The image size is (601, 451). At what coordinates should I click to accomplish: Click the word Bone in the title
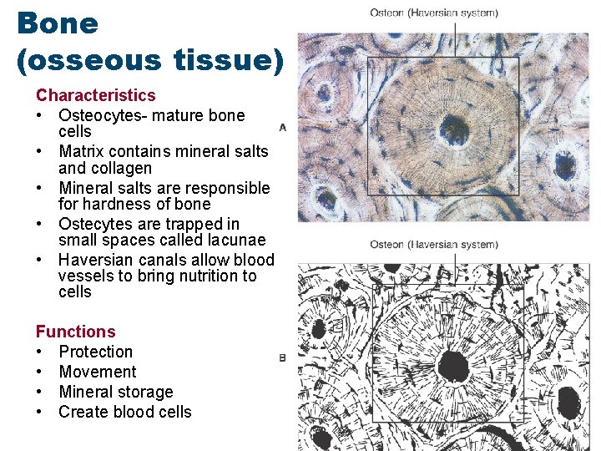pyautogui.click(x=57, y=23)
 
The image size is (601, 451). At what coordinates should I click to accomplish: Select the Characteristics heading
pyautogui.click(x=95, y=95)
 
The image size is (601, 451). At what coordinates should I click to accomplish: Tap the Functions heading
pyautogui.click(x=75, y=332)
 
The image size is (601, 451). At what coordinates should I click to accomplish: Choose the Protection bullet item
pyautogui.click(x=95, y=352)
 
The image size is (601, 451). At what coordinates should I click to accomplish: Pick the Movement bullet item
pyautogui.click(x=97, y=372)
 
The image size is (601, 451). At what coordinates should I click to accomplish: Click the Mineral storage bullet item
pyautogui.click(x=115, y=392)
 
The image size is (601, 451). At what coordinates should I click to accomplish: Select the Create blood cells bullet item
pyautogui.click(x=124, y=412)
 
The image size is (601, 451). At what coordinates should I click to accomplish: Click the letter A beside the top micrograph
pyautogui.click(x=283, y=127)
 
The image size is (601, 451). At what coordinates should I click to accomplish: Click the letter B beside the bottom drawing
pyautogui.click(x=282, y=357)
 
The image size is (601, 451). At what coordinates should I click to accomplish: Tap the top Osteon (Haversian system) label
pyautogui.click(x=434, y=13)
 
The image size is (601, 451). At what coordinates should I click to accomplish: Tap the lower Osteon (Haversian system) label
pyautogui.click(x=434, y=245)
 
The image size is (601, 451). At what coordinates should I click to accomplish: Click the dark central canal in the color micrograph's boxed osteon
pyautogui.click(x=454, y=129)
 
